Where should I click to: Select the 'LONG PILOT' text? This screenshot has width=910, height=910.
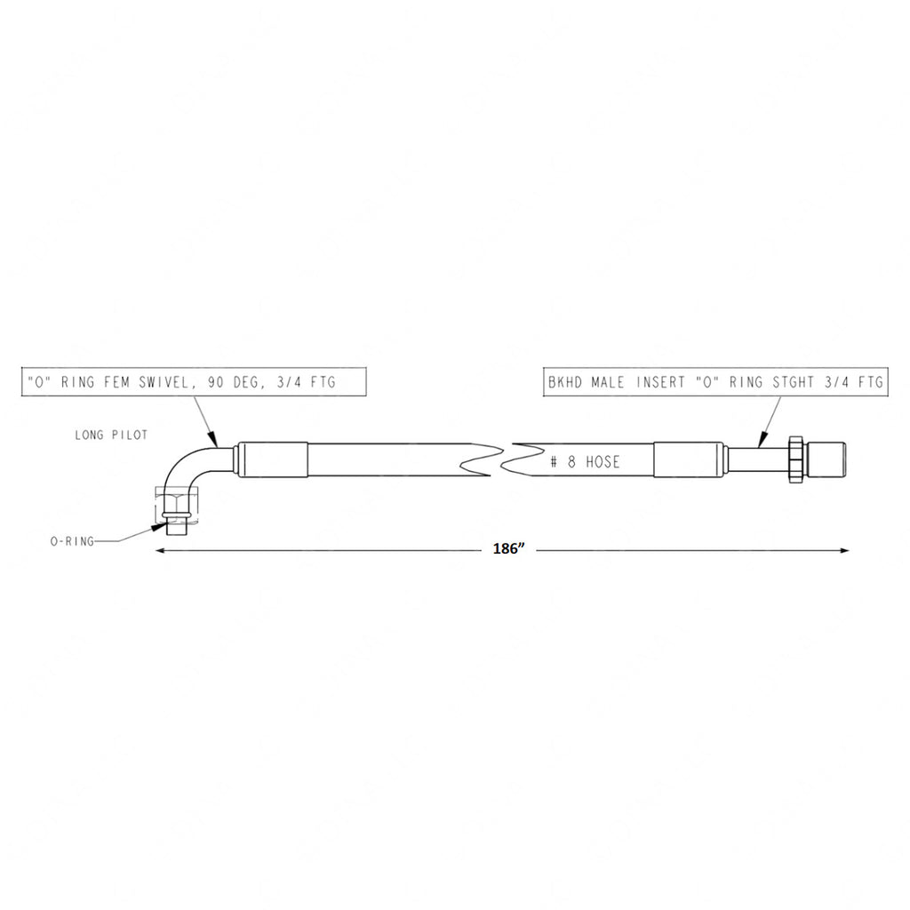[x=111, y=435]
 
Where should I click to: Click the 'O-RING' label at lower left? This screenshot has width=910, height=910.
[x=72, y=539]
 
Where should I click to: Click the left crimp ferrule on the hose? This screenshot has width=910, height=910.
[x=272, y=460]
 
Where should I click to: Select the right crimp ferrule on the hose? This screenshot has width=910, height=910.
[x=690, y=460]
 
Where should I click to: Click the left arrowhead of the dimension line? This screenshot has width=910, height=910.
[x=161, y=551]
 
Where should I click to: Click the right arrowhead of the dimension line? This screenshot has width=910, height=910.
[x=843, y=551]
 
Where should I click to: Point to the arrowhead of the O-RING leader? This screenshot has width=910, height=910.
[x=158, y=526]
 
